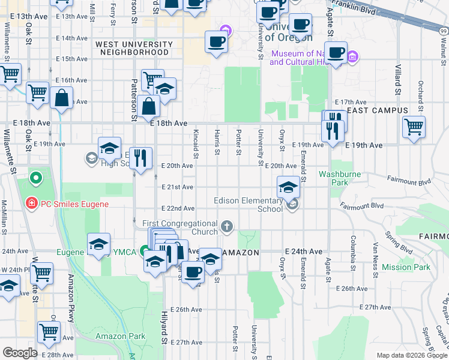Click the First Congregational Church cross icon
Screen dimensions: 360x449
point(226,227)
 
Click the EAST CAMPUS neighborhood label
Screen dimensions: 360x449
point(377,111)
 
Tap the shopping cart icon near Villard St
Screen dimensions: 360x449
point(414,126)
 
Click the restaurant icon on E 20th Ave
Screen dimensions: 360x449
point(140,158)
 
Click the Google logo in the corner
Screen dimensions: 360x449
point(20,353)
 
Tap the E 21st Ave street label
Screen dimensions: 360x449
point(178,187)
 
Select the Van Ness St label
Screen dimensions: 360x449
point(376,254)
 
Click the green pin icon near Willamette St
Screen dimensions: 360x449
point(35,178)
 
